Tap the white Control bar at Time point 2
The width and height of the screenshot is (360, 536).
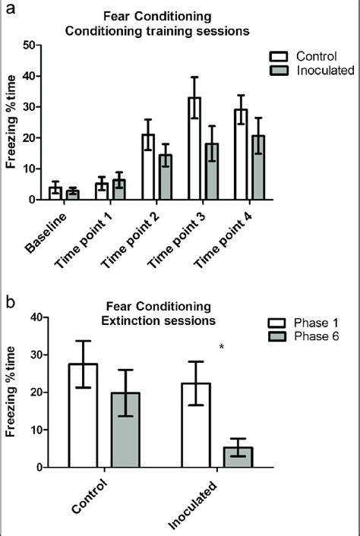click(149, 167)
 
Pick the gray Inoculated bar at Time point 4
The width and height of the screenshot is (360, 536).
click(258, 168)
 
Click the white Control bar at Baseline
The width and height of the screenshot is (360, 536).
click(55, 194)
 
